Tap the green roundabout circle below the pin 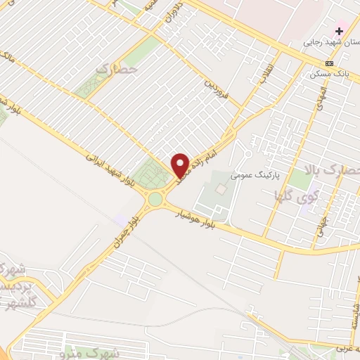point(155,200)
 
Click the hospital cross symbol point(340,31)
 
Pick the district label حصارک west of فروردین point(115,71)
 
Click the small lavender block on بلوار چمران point(124,220)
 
